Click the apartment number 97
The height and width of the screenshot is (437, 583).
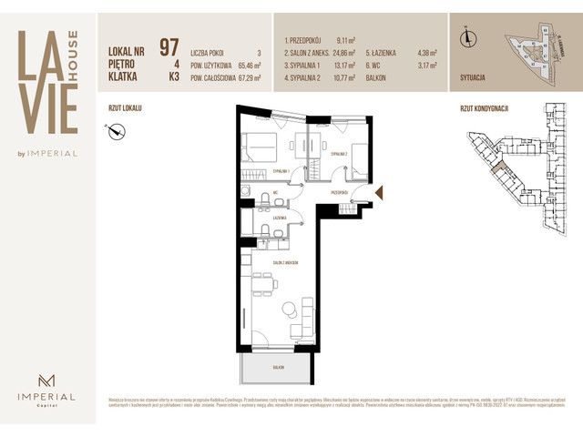point(169,46)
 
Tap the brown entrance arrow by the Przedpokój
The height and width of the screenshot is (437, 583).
point(381,193)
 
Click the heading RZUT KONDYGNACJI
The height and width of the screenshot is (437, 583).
point(485,108)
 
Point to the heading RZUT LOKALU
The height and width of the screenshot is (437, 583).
point(125,108)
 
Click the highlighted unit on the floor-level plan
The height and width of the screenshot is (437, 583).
point(496,167)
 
